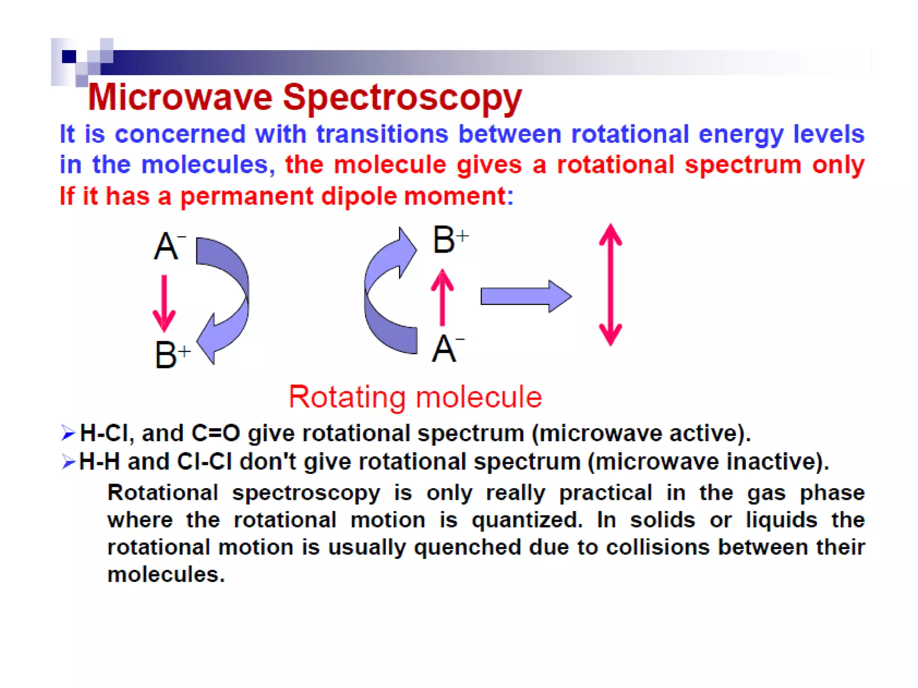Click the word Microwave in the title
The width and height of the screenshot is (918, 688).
point(180,97)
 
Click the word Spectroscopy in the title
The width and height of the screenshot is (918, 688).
point(402,99)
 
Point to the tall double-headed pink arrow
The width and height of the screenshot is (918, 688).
point(610,284)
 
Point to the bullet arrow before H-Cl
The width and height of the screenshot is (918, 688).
point(68,433)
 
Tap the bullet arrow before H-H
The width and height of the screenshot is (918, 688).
point(68,461)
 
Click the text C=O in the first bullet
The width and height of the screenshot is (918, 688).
point(216,433)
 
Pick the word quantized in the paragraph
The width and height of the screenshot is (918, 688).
point(527,520)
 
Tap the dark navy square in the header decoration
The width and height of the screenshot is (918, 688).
point(69,56)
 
